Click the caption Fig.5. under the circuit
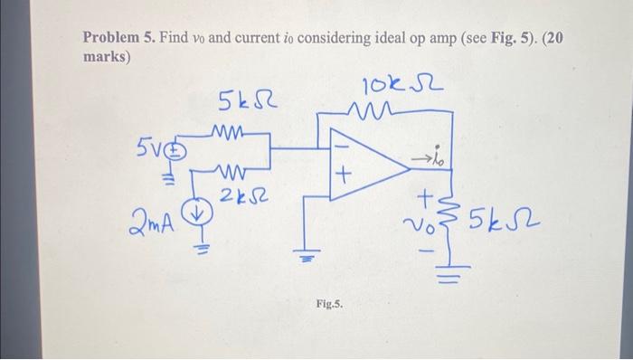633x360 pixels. (x=329, y=305)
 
